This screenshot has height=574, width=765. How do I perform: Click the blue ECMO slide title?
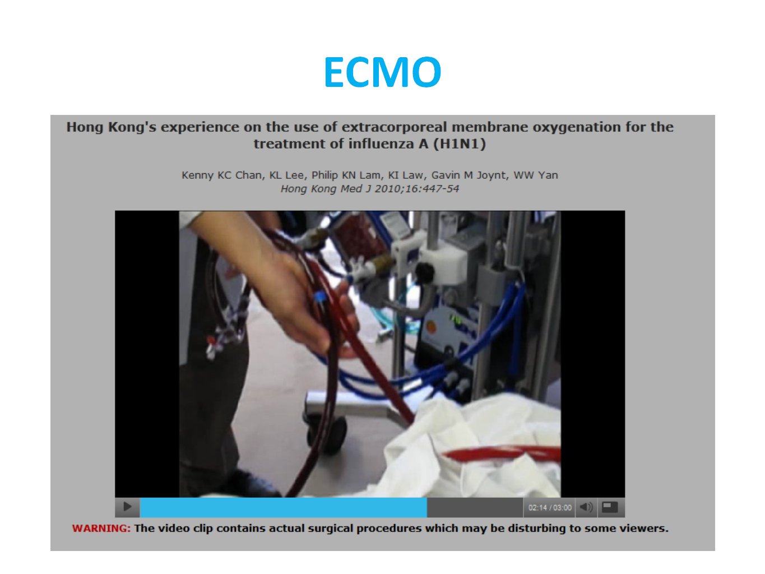pos(382,72)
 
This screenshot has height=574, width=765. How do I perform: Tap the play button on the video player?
pos(127,507)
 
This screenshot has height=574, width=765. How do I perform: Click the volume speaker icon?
pos(586,507)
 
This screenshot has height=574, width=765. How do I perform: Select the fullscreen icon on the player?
pos(610,507)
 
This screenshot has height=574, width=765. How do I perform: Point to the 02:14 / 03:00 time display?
pos(550,507)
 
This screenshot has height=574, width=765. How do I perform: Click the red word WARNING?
pos(101,529)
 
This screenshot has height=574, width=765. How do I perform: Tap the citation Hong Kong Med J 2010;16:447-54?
pos(370,189)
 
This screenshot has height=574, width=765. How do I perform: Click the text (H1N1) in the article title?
pos(459,143)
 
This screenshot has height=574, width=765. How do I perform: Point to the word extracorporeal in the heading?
pos(394,127)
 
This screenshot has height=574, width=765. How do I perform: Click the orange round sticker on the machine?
pos(432,327)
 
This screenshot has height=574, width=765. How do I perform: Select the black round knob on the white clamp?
pos(424,272)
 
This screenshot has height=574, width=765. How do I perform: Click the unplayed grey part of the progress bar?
pos(475,507)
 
